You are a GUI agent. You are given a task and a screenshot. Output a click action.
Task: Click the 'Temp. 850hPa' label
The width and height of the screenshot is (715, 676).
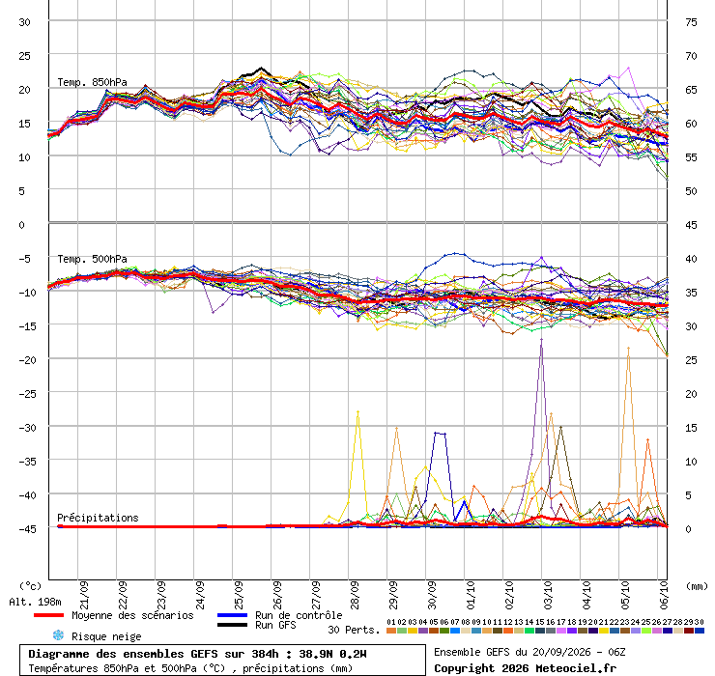92,82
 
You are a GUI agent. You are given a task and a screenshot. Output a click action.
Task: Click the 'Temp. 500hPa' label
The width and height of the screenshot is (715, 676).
92,259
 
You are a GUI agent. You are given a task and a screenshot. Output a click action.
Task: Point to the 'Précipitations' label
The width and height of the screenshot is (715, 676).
98,518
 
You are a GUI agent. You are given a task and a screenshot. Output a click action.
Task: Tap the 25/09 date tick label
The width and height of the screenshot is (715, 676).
239,595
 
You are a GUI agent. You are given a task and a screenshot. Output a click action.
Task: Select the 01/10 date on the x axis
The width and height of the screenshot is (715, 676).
471,595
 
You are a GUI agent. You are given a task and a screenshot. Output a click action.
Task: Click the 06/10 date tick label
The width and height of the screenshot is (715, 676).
664,595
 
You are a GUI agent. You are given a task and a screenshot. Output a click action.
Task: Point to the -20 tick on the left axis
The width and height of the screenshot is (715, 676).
27,360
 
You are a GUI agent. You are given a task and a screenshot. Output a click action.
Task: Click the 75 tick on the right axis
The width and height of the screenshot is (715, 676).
691,22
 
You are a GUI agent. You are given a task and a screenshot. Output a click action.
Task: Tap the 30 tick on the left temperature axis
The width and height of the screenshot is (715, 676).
24,22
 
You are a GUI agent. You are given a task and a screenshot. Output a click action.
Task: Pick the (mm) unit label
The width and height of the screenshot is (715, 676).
697,586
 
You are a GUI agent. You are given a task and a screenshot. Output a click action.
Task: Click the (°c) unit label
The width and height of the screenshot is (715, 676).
30,586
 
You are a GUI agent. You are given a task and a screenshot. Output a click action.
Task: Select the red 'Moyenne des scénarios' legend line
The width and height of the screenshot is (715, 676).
48,615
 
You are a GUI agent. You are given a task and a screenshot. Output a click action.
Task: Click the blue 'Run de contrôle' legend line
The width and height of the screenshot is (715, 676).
232,615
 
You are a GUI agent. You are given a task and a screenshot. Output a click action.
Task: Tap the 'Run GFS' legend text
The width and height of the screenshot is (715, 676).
275,626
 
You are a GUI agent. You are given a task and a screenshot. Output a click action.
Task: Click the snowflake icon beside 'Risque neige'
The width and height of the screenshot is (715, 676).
58,635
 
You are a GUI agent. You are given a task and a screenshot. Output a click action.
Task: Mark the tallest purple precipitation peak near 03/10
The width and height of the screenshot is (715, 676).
541,339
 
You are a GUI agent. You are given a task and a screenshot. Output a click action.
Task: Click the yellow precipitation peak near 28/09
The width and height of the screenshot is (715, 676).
357,412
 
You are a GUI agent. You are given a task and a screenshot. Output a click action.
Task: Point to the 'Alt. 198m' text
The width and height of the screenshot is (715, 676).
35,602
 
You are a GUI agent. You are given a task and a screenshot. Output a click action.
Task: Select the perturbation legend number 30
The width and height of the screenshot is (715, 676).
699,622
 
